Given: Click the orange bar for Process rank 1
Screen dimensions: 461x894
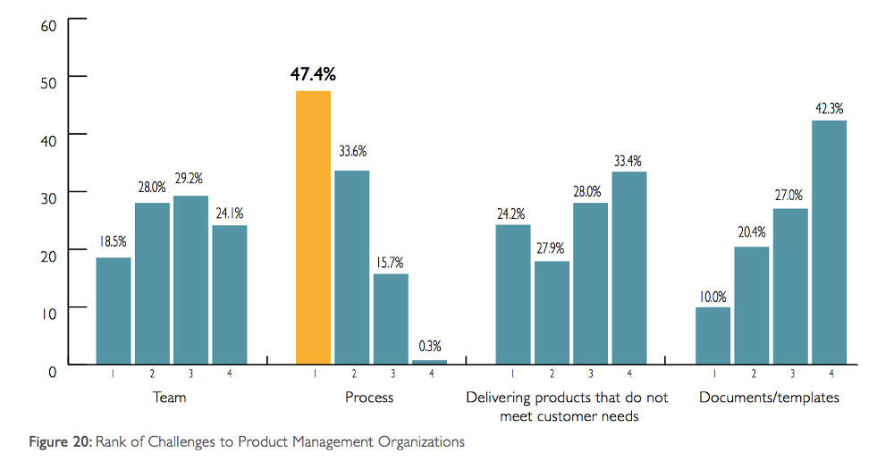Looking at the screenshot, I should pos(312,228).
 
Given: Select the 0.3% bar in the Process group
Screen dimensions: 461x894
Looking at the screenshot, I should pos(429,362).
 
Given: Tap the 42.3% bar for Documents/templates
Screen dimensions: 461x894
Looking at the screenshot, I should pos(829,242).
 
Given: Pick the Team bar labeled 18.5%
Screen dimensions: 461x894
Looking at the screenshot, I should pos(114,311).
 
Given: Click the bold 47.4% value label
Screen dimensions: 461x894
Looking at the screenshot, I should pos(313,73).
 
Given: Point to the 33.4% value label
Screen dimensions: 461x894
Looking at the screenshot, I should pos(628,161).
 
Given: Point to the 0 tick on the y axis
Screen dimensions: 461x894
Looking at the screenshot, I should pos(53,369).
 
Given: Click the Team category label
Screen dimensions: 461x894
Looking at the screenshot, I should pos(170,398).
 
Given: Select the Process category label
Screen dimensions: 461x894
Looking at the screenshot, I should pos(369,398).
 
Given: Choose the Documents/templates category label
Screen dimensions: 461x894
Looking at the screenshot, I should pos(770,398).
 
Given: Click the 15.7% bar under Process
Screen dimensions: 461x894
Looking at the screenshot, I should pos(391,319).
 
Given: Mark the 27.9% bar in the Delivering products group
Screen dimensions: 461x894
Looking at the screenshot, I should pos(552,313).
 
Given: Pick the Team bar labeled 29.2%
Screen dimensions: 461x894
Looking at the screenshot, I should pos(190,280).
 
